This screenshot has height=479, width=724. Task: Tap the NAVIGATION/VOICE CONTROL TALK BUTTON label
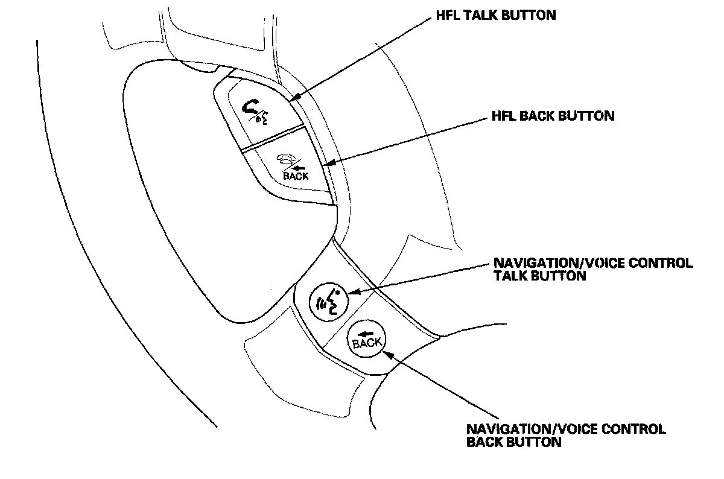(x=593, y=270)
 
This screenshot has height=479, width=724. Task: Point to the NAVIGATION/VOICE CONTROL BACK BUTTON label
(x=566, y=435)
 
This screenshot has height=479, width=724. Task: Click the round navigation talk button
(x=328, y=299)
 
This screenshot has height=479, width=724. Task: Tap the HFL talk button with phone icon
(x=256, y=110)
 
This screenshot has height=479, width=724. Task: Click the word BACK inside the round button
(x=367, y=343)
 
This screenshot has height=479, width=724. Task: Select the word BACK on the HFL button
(x=296, y=176)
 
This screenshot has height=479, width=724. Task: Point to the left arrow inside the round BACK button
(x=364, y=334)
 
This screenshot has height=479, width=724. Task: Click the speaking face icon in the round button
(x=328, y=299)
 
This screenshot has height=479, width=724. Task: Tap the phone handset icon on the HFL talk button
(x=249, y=108)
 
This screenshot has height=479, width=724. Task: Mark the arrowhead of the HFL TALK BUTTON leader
(x=291, y=100)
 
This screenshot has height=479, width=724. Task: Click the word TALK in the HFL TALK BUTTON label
(x=478, y=16)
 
